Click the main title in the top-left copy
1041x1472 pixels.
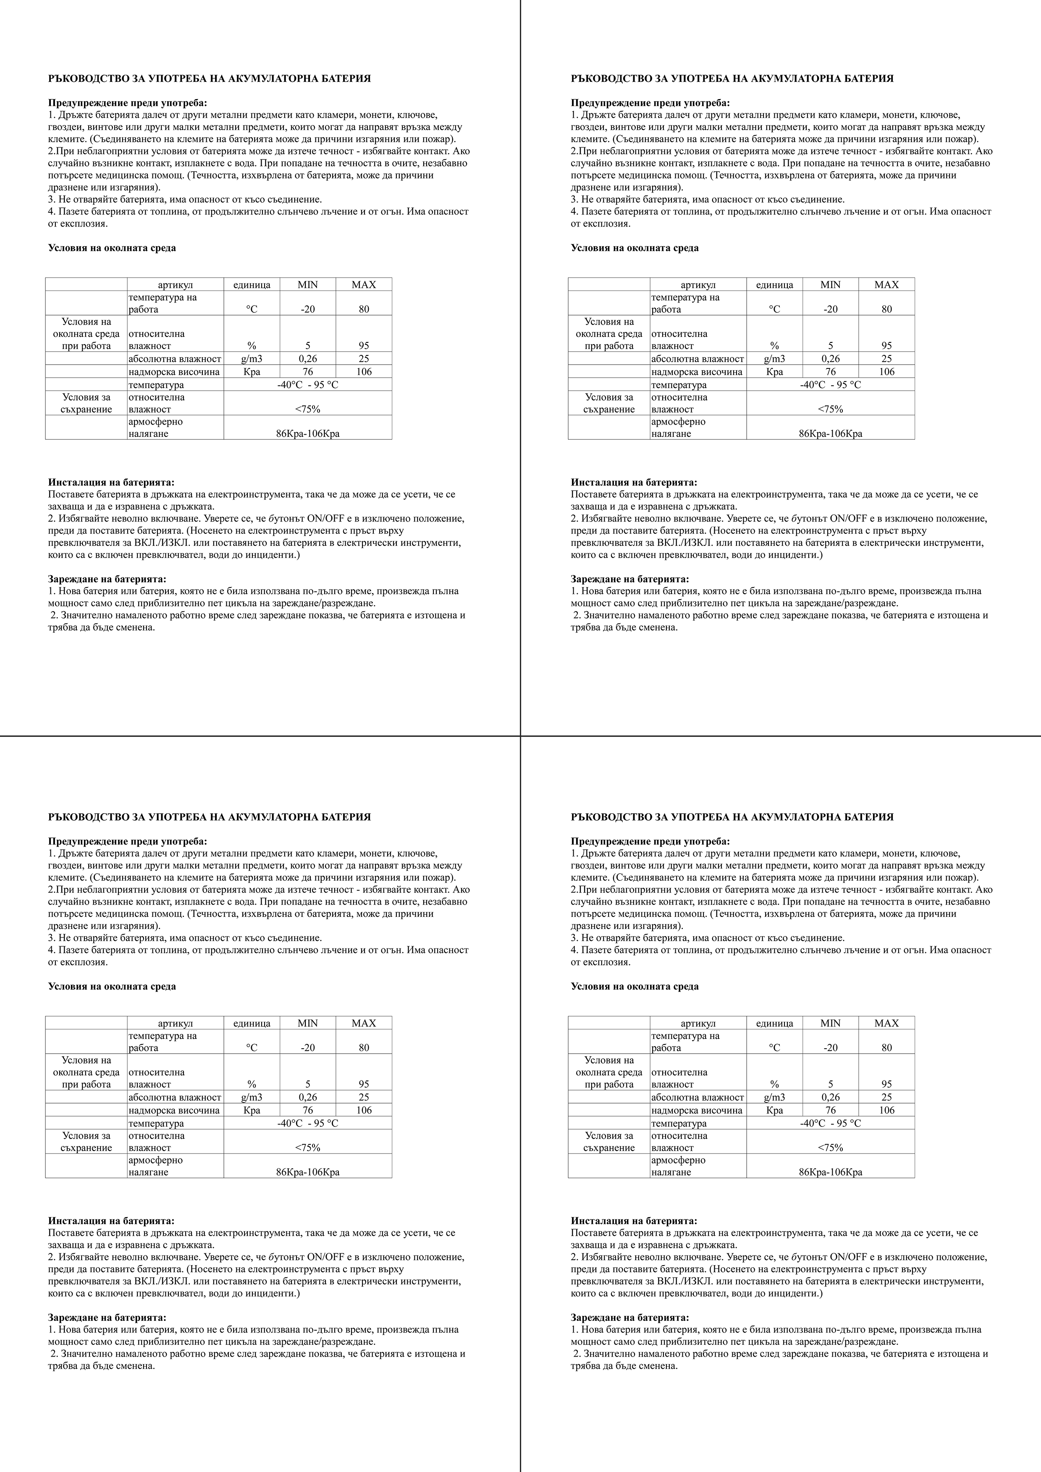pos(209,79)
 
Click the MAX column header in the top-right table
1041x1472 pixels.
pos(886,284)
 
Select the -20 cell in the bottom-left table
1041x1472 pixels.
pos(308,1048)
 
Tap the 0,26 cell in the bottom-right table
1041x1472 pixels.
pos(831,1097)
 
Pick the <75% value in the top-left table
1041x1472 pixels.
pos(308,409)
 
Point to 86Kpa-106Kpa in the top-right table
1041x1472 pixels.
pos(831,433)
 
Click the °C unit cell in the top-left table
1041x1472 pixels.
pos(252,309)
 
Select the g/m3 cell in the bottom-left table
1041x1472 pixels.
pos(252,1097)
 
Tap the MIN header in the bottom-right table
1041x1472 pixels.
pos(831,1023)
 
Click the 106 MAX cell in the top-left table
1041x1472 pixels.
pos(364,372)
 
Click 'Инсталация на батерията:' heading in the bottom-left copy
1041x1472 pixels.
pos(111,1221)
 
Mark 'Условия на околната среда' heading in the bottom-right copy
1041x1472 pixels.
pos(635,986)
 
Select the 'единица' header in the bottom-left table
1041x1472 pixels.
pos(252,1023)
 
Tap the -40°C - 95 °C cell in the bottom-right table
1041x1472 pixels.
pos(831,1123)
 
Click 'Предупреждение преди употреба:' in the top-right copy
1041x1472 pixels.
pos(650,102)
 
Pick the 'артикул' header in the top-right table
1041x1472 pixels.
pos(698,284)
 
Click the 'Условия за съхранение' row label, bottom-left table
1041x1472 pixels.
pos(86,1142)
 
